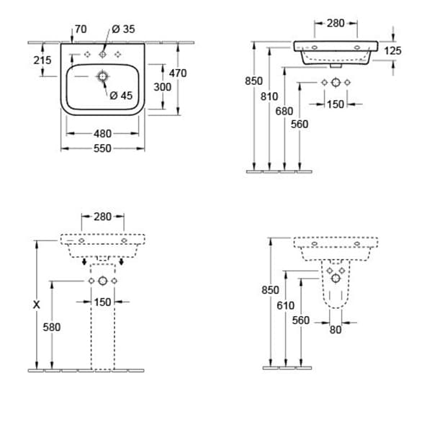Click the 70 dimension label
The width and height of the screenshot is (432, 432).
[80, 30]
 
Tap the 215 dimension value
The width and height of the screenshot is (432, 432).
[42, 60]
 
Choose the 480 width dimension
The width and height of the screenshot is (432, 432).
[103, 133]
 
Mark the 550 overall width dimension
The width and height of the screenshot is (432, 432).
[103, 148]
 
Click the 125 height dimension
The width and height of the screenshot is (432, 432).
[393, 50]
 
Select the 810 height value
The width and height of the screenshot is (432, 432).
[269, 94]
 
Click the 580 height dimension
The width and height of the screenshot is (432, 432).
[52, 326]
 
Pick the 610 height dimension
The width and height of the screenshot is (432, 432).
[286, 305]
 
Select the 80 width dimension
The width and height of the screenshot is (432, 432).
[336, 330]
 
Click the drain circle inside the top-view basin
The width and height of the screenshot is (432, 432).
[103, 76]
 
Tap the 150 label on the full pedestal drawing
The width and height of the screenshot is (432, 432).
[103, 302]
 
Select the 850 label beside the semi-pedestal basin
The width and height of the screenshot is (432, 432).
[269, 289]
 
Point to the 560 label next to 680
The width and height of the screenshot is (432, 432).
[300, 124]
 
